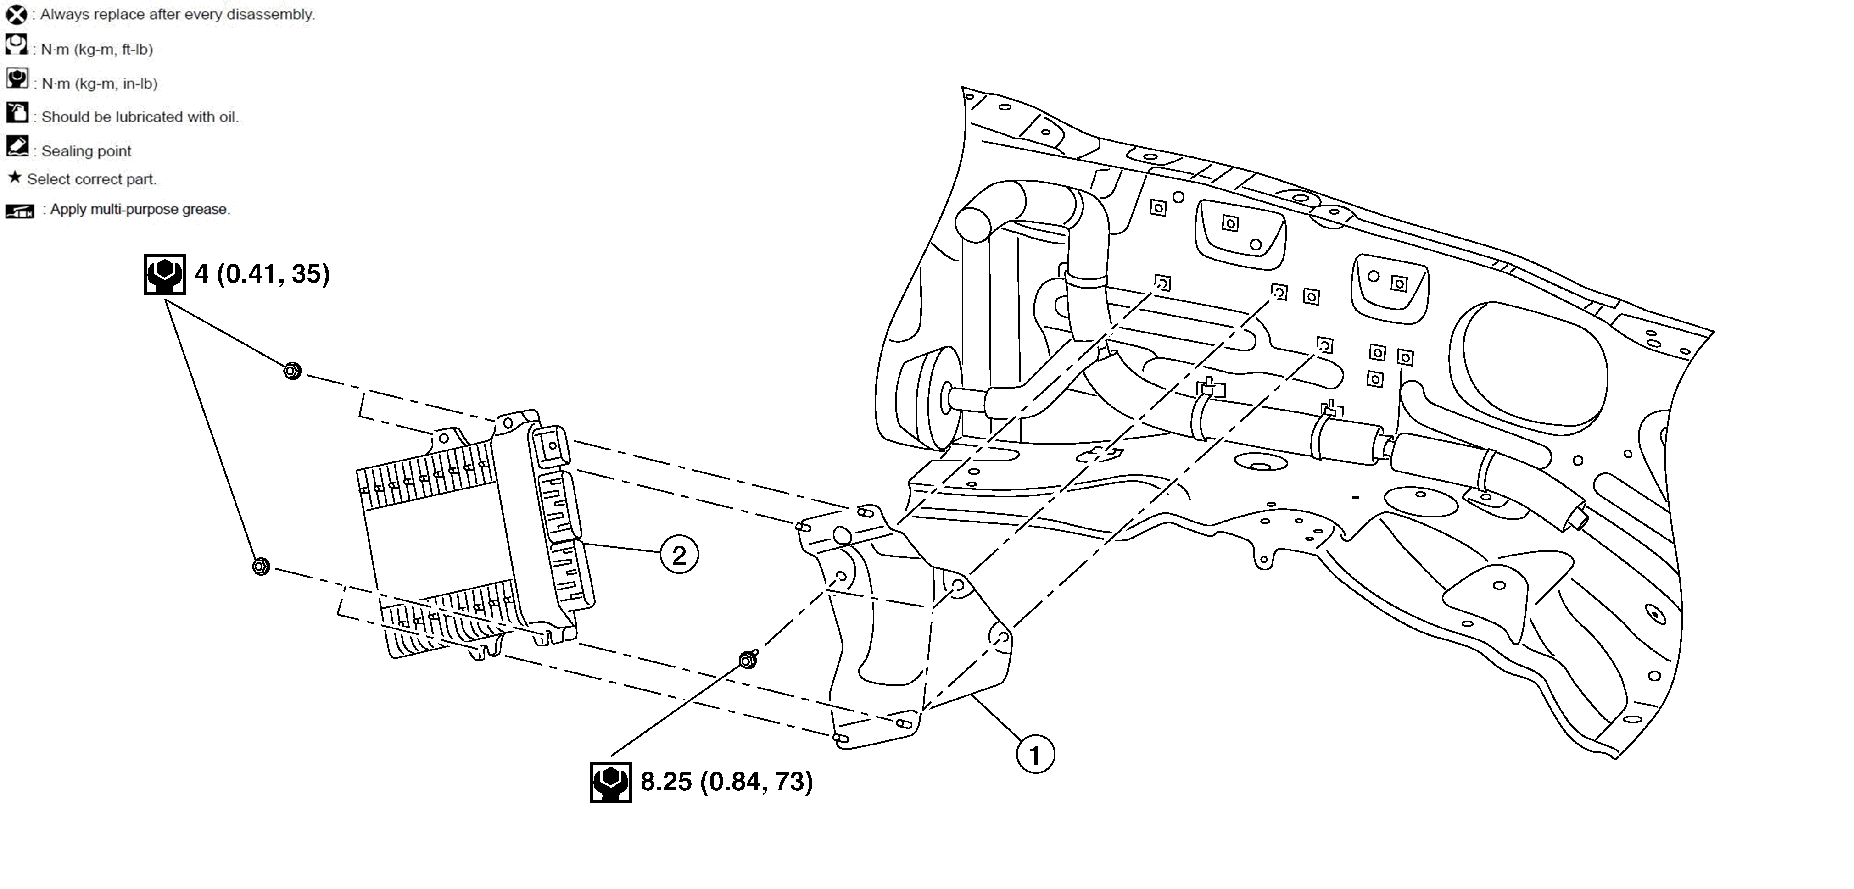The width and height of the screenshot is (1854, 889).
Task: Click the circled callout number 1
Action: (1035, 755)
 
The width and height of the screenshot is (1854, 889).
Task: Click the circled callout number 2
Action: (679, 555)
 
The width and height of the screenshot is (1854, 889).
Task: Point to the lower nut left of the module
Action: (261, 567)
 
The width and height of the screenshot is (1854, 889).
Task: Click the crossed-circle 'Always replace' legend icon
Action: (16, 14)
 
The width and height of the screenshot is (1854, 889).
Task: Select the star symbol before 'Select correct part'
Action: (14, 177)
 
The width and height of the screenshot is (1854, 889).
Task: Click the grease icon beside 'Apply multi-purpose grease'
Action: (19, 211)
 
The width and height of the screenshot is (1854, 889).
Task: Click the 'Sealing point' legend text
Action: (86, 151)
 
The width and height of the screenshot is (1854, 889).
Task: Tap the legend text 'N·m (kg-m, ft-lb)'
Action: (96, 50)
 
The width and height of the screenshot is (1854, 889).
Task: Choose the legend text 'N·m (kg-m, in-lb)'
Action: (99, 83)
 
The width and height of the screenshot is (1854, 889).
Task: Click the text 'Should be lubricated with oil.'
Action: (140, 117)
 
